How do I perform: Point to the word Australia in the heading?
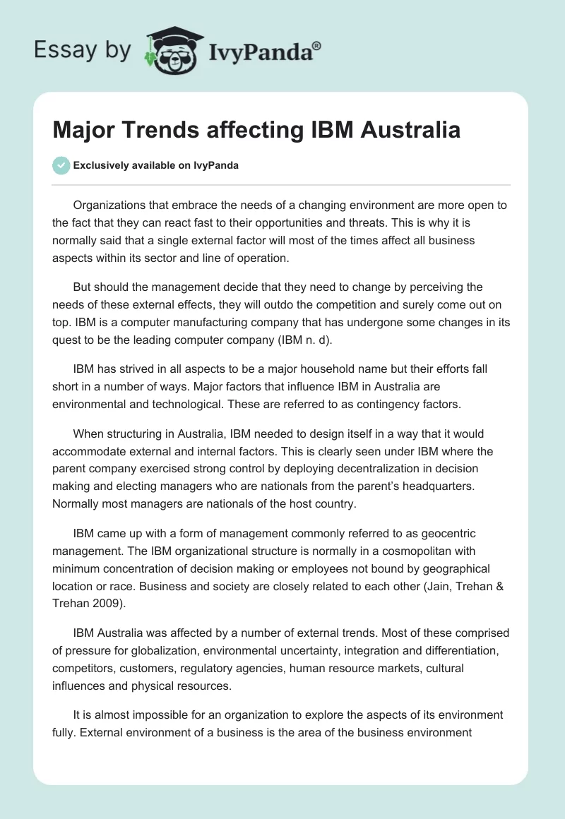coord(405,131)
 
